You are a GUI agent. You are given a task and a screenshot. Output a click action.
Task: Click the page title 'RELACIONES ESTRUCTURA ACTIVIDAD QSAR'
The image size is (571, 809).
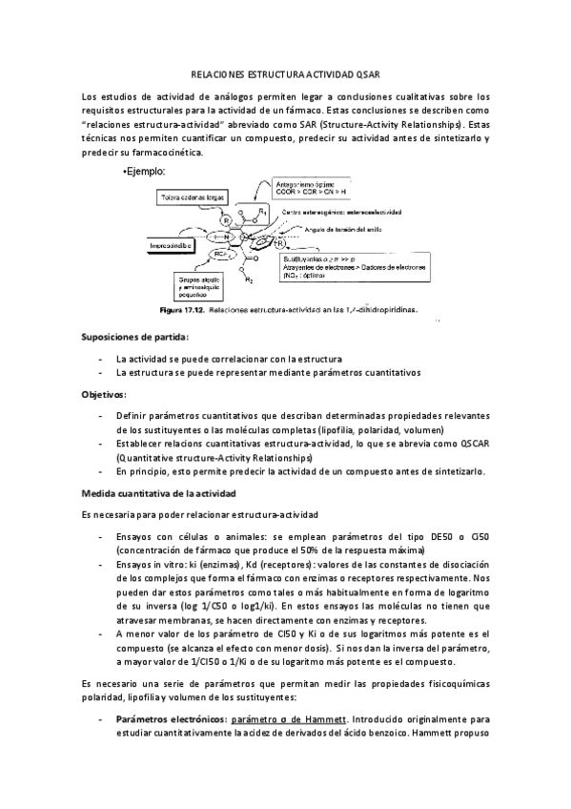pyautogui.click(x=285, y=73)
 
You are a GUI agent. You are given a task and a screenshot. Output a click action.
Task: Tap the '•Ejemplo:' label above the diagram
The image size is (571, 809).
pyautogui.click(x=145, y=172)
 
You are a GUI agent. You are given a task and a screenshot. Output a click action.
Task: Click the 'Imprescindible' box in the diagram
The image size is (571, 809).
pyautogui.click(x=171, y=245)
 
